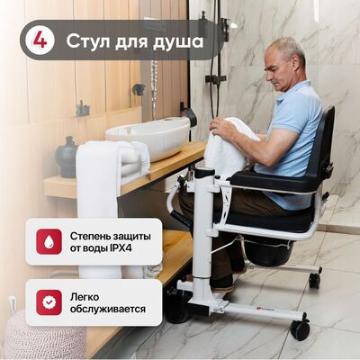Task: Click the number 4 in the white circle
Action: pos(40,40)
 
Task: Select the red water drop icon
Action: pos(49,241)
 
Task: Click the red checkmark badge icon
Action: pos(49,302)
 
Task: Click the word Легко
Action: pos(85,297)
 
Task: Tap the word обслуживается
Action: pos(108,309)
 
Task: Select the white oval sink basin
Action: pos(148,137)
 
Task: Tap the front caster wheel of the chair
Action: pos(300,329)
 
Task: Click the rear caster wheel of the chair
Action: pos(314,280)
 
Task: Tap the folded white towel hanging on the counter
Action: pos(106,192)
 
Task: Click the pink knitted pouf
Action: pos(45,335)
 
